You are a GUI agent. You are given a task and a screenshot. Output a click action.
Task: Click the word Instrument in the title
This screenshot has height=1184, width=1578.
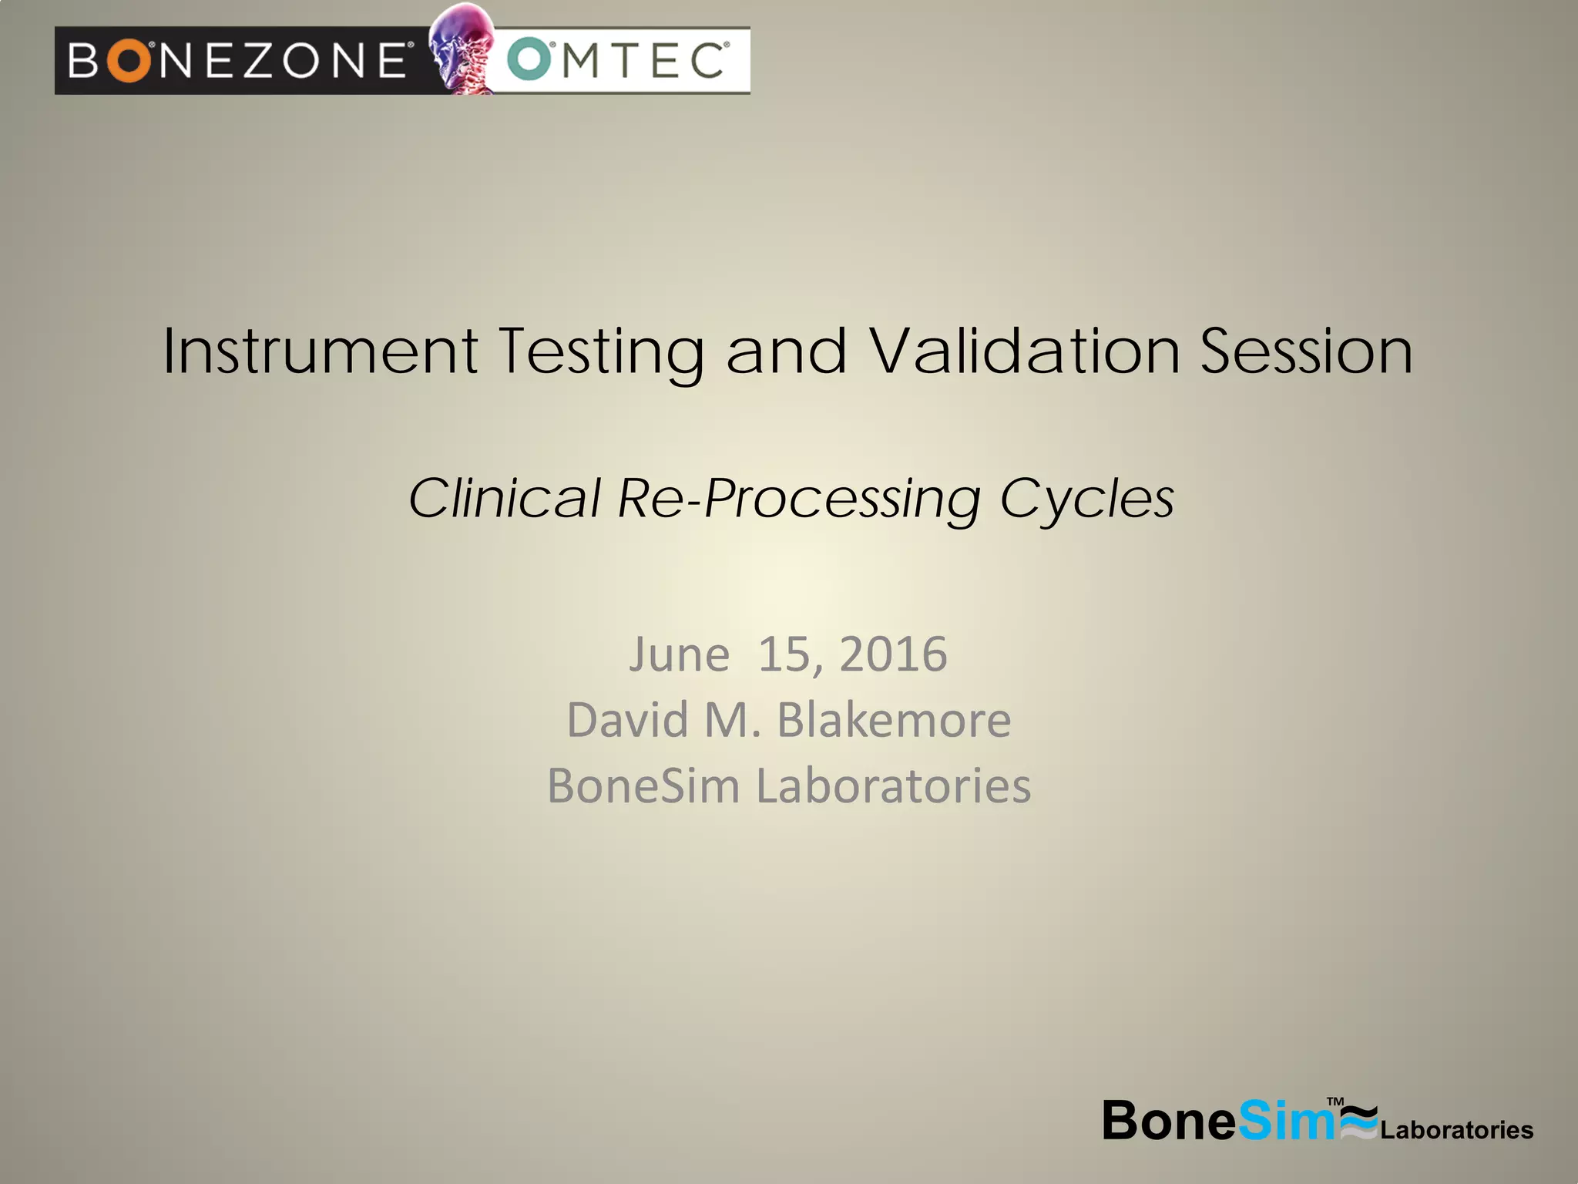pyautogui.click(x=321, y=351)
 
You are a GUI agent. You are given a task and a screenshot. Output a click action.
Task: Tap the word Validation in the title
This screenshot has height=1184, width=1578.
pyautogui.click(x=1026, y=351)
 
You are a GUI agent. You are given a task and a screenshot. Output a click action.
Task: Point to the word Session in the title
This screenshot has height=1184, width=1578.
pyautogui.click(x=1307, y=351)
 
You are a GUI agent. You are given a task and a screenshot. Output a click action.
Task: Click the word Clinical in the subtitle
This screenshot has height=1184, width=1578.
pyautogui.click(x=505, y=498)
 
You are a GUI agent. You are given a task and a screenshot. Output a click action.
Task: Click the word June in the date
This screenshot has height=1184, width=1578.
pyautogui.click(x=679, y=655)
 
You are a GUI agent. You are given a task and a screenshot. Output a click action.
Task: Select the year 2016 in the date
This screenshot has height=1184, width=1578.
pyautogui.click(x=893, y=655)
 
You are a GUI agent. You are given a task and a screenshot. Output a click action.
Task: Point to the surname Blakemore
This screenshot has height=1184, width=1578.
pyautogui.click(x=894, y=721)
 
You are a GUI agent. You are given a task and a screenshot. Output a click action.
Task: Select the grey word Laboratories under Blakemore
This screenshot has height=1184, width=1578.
pyautogui.click(x=893, y=786)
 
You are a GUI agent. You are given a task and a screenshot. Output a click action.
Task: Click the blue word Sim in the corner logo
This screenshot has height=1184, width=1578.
pyautogui.click(x=1285, y=1121)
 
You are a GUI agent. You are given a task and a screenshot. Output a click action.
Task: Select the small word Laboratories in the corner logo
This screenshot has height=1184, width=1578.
pyautogui.click(x=1456, y=1130)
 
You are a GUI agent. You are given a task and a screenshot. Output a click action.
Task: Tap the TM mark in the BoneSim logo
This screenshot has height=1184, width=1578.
pyautogui.click(x=1335, y=1102)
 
